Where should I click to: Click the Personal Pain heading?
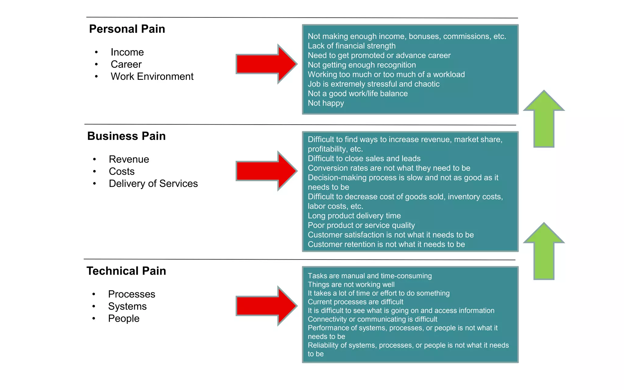[x=127, y=29]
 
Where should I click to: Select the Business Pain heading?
[x=126, y=136]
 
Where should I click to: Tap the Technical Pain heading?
[x=126, y=271]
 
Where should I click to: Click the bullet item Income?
[x=127, y=52]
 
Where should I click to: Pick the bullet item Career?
[x=126, y=64]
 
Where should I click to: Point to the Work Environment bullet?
[x=152, y=76]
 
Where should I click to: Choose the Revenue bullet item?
[x=129, y=159]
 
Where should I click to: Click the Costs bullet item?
[x=122, y=172]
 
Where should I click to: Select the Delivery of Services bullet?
[x=153, y=184]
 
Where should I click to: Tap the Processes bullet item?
[x=132, y=294]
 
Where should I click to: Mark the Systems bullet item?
[x=127, y=306]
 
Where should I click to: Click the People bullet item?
[x=124, y=318]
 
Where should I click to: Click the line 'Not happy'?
[x=326, y=103]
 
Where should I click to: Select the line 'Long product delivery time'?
[x=354, y=216]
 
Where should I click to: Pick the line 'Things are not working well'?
[x=351, y=285]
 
